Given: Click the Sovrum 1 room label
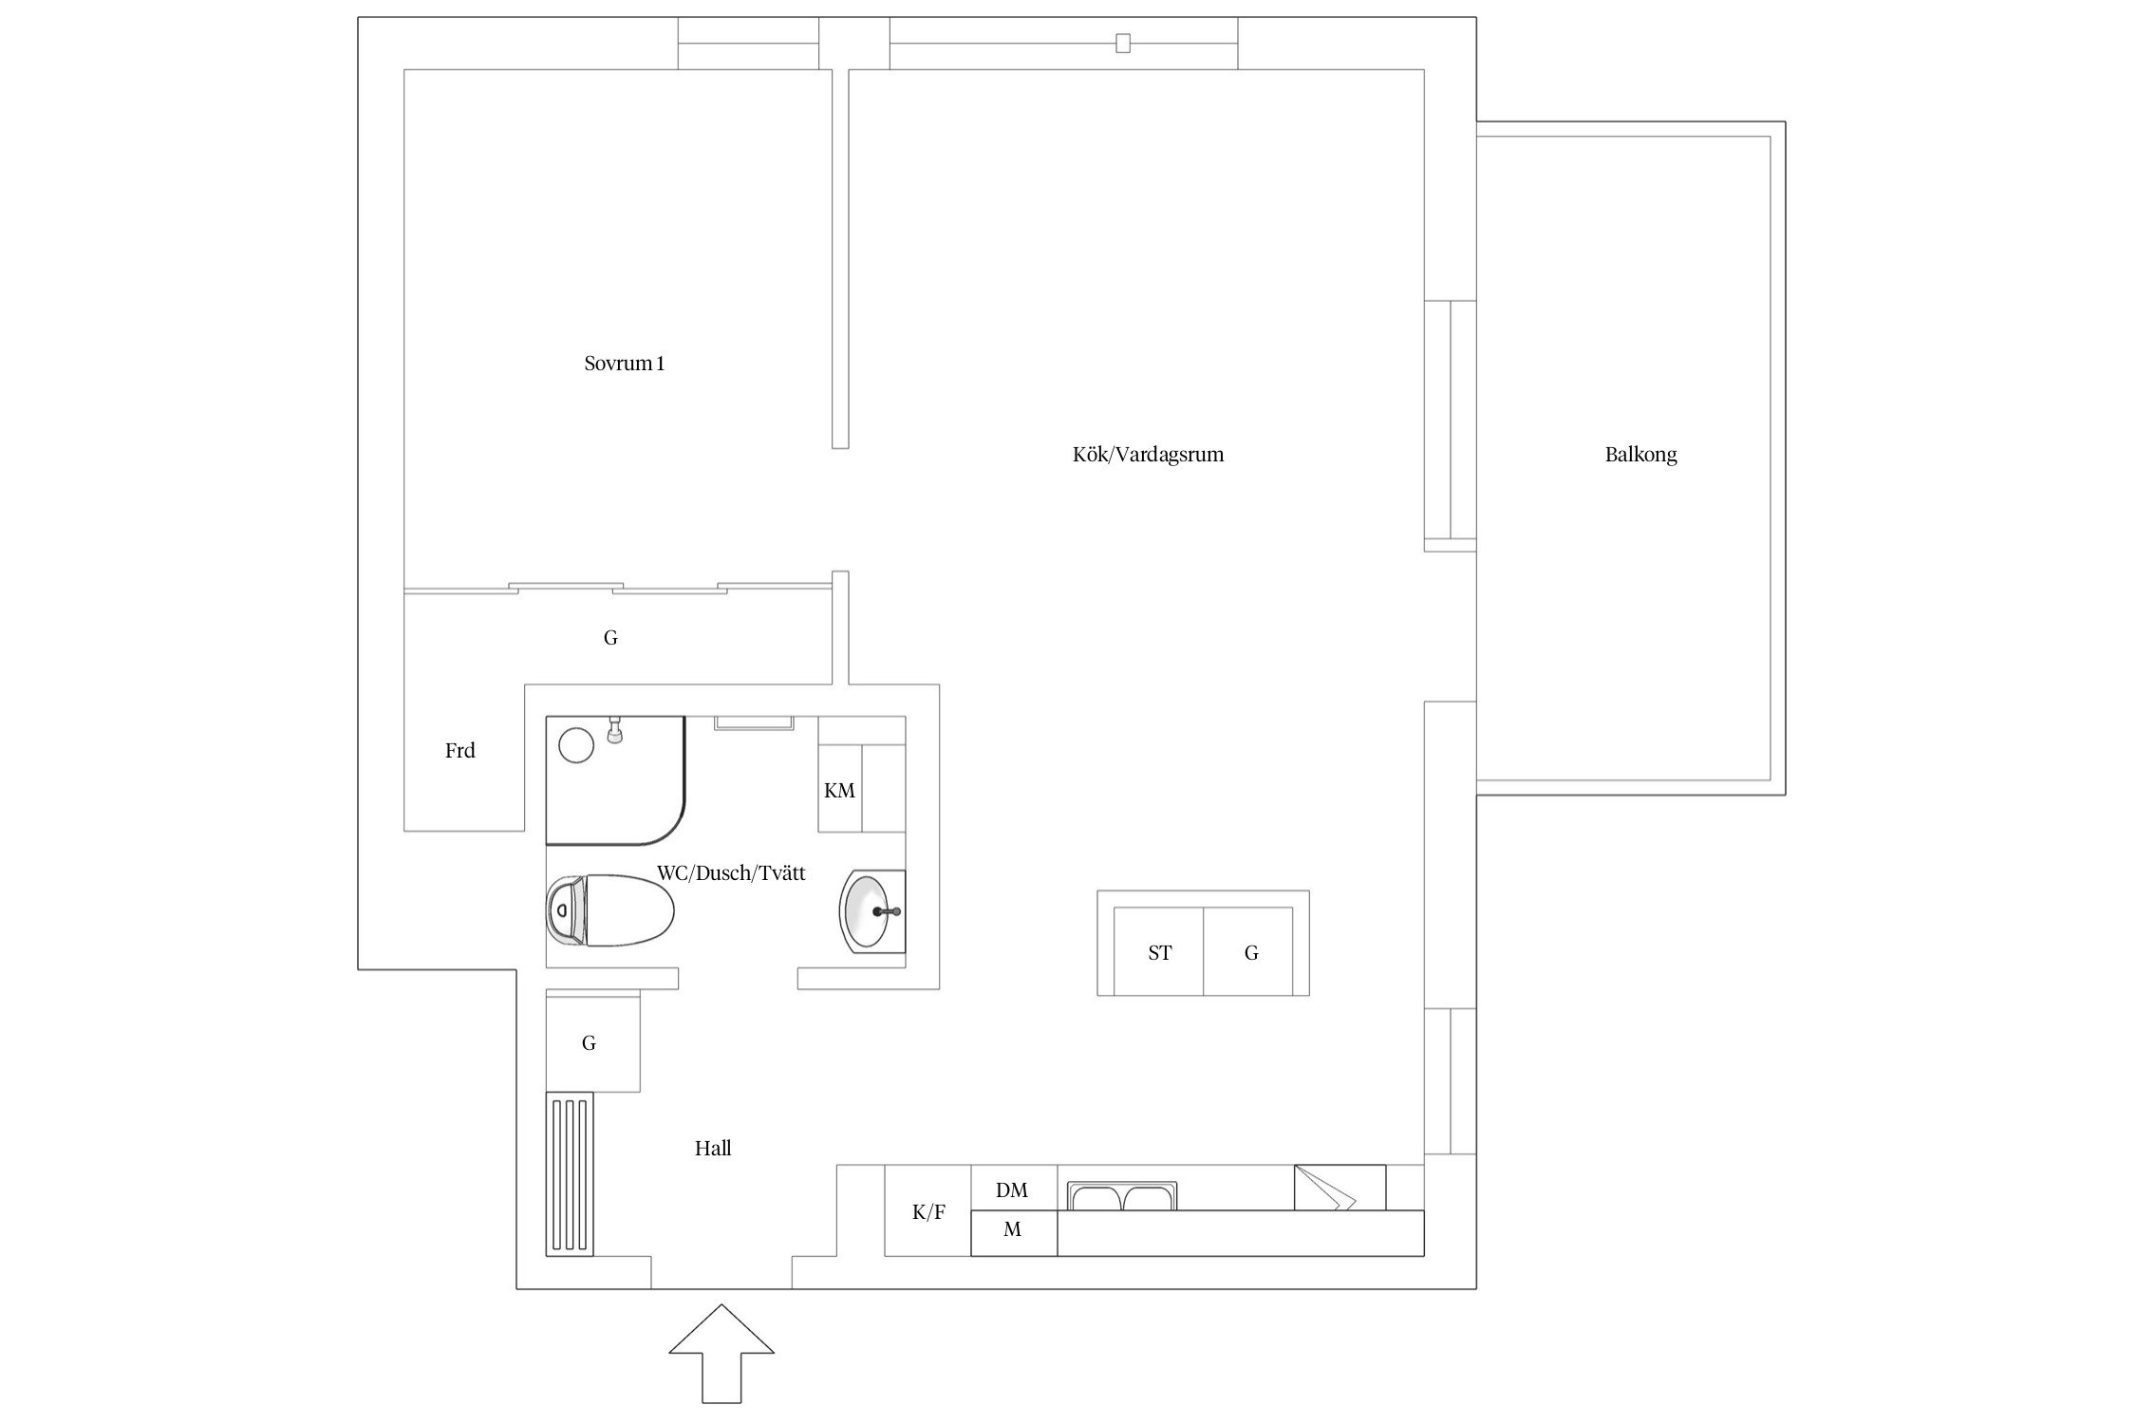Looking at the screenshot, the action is [624, 364].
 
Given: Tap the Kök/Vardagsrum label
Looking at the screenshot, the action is [1148, 455].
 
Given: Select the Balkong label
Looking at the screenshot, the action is [1640, 455].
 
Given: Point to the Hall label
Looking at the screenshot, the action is [713, 1149].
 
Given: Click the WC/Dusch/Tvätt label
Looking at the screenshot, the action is [731, 873].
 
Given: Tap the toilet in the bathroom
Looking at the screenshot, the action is [610, 910].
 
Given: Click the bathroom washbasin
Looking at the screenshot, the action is [872, 911].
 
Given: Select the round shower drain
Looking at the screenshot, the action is [576, 745].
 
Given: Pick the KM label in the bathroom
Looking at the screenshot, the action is [839, 791].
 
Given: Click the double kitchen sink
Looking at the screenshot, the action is [1122, 1196].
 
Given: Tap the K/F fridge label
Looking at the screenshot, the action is [928, 1212].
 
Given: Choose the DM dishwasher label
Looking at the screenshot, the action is [1012, 1190].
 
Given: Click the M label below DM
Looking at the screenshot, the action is [1013, 1230].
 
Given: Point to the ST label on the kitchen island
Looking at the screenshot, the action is [1160, 953].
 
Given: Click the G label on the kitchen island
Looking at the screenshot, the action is [1251, 953].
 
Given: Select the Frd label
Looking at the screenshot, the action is [460, 751].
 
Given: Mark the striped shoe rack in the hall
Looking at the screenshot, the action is [570, 1173].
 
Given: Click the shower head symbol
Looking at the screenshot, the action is [615, 730].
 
